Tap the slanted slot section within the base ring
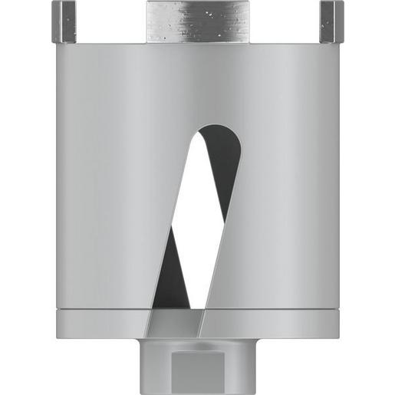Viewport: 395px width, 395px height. (176, 324)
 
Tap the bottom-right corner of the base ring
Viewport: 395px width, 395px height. (338, 336)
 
